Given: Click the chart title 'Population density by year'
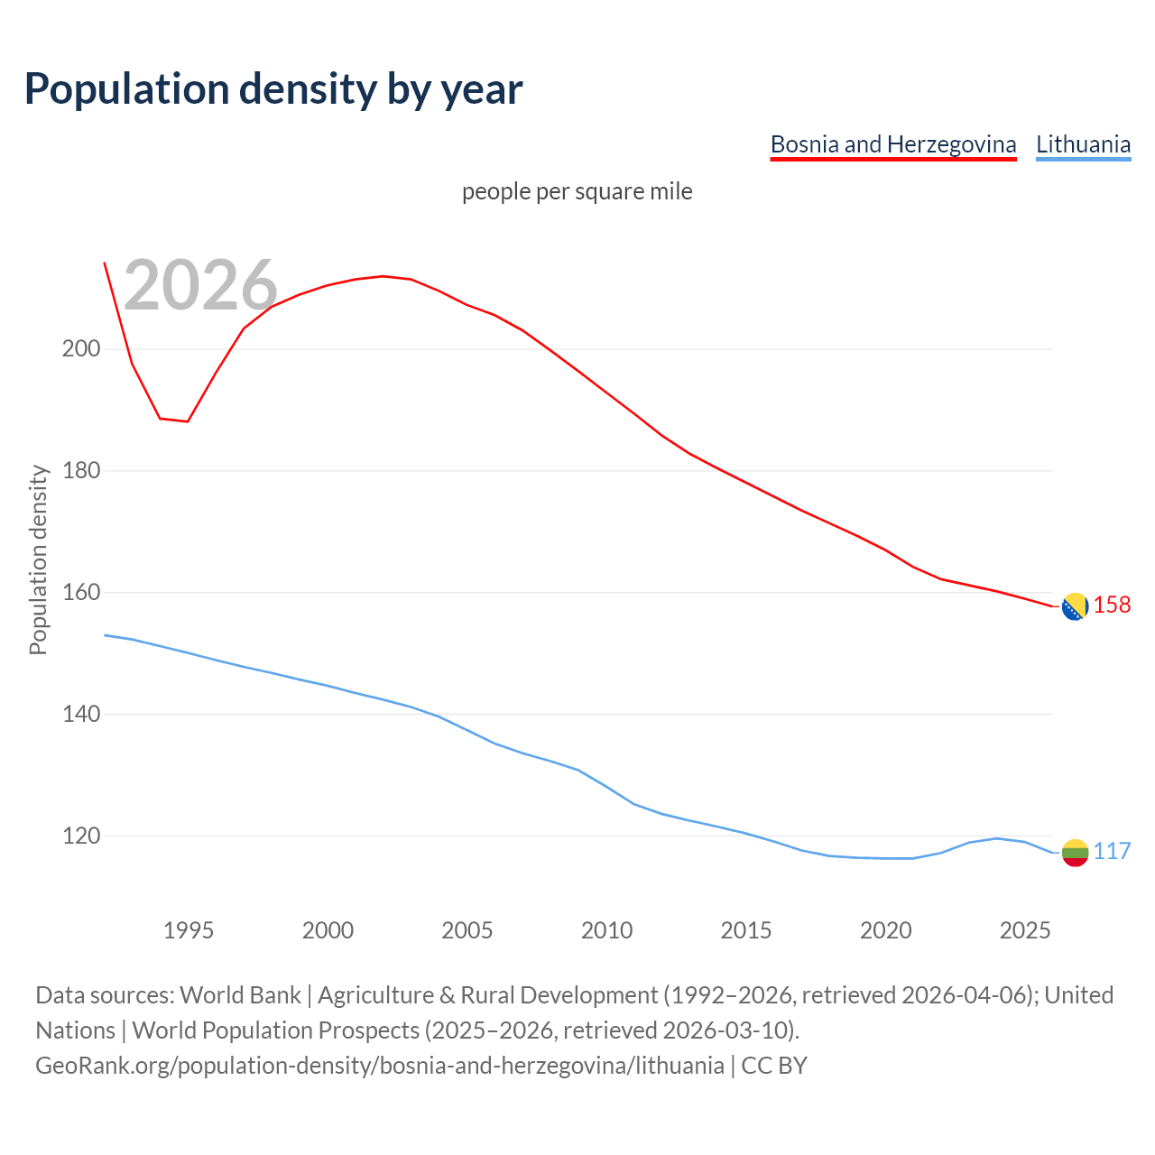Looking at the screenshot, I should (x=273, y=88).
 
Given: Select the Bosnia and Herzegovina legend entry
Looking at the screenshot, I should (x=892, y=144).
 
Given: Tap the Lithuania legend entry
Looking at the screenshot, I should (x=1083, y=144).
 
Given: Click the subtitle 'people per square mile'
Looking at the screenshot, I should (x=577, y=191).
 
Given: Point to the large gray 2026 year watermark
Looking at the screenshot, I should (x=200, y=286).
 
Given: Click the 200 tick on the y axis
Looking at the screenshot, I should (x=80, y=349).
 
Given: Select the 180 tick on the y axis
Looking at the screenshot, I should (x=80, y=471).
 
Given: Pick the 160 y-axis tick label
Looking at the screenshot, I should (x=80, y=593).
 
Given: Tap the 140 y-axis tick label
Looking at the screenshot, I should (x=80, y=715).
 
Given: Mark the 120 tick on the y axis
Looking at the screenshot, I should (x=80, y=836).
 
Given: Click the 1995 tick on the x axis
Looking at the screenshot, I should (x=189, y=930).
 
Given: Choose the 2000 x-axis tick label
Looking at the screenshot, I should (x=328, y=930).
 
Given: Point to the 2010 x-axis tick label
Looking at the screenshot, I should (x=606, y=930).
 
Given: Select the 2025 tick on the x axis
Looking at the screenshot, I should (x=1025, y=930).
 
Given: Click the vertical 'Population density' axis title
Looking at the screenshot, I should (x=38, y=559).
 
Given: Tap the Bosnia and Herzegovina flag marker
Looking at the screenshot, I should (x=1075, y=607).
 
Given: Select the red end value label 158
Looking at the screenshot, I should (x=1112, y=605).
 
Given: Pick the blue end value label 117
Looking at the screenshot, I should (x=1112, y=852).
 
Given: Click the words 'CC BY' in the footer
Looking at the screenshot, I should (x=773, y=1066).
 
